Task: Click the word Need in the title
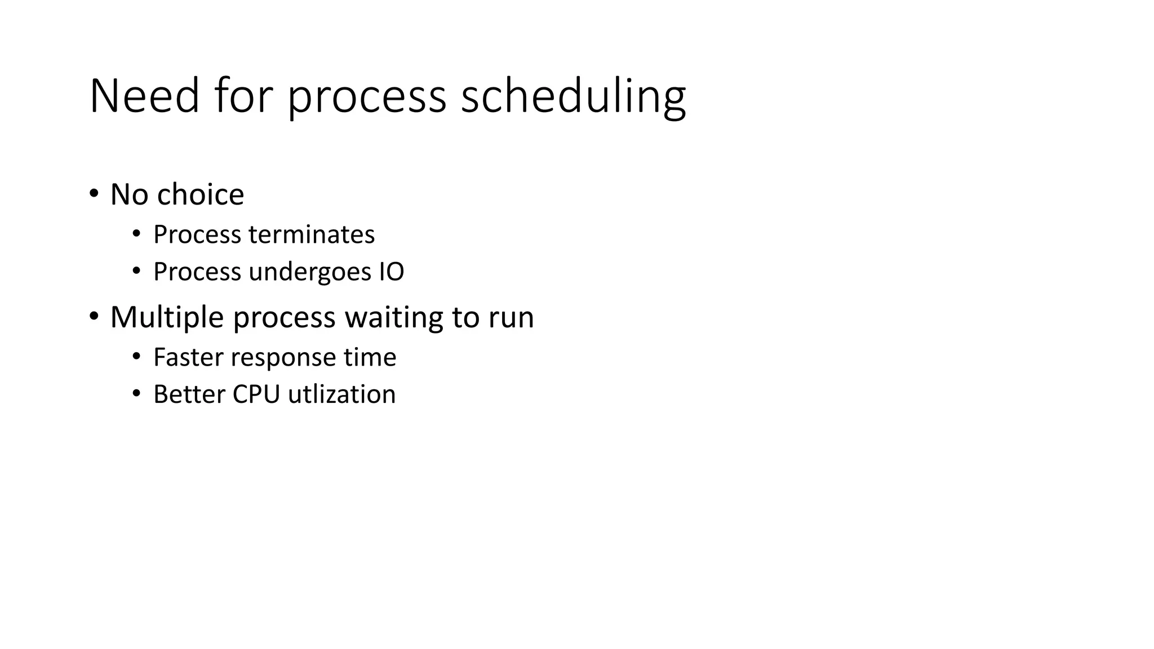144,96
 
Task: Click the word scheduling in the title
573,96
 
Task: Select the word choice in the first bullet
200,194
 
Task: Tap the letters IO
391,272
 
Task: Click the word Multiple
167,317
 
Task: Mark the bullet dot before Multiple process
94,317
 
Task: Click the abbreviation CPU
256,394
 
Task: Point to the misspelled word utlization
341,394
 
